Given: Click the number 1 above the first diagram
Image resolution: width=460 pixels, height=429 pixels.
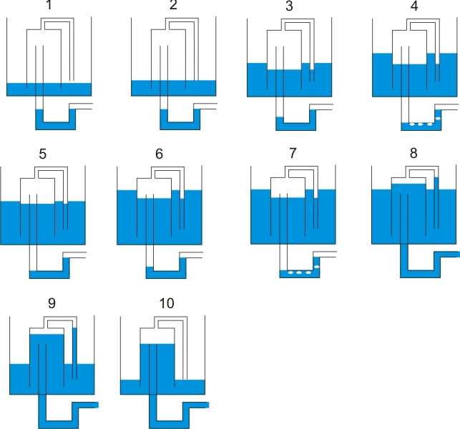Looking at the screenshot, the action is pos(49,5).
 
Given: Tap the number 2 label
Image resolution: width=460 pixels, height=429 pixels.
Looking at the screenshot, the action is pos(173,5).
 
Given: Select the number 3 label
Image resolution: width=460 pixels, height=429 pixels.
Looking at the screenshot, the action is pos(289,6).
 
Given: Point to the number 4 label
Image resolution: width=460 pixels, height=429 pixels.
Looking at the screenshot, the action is pos(414,6).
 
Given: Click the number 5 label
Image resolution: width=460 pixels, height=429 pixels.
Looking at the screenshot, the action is pos(42,154).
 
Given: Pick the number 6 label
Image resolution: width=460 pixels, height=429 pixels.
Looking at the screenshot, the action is pos(159,154).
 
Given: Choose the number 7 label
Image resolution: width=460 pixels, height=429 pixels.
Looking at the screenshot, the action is pos(293,153).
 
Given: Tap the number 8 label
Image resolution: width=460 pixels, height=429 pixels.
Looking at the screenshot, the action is pos(413,153).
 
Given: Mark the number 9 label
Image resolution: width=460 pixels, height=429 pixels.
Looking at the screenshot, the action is pos(52,303).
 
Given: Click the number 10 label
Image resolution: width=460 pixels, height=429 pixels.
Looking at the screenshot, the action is pos(167,303).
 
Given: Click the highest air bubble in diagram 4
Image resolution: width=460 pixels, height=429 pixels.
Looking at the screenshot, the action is pos(438,118).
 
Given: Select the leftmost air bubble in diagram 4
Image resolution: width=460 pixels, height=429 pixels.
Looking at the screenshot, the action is pos(412,124).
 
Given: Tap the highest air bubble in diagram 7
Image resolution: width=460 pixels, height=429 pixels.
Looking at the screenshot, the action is pos(317,267).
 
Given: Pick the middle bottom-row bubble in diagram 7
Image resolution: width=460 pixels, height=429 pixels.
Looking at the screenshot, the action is pos(299,272).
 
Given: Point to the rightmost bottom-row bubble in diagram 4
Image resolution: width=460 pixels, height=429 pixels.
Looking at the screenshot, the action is pos(430,124).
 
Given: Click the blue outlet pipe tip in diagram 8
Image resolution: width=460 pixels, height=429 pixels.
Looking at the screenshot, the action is pos(458,255).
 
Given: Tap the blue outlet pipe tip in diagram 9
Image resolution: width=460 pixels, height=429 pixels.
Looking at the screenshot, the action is pos(97,405).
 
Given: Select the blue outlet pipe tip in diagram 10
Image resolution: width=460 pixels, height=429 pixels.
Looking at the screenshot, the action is pos(207,405).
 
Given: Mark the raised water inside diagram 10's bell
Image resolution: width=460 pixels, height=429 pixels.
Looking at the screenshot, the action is pos(157,361).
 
